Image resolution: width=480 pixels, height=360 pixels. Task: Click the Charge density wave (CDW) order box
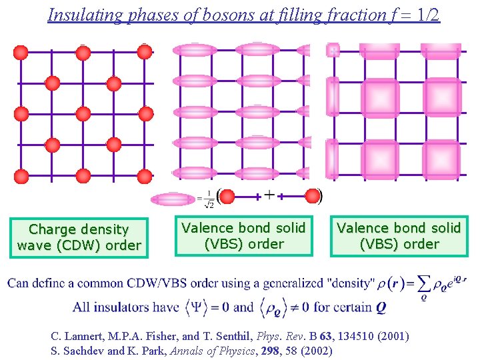pyautogui.click(x=79, y=237)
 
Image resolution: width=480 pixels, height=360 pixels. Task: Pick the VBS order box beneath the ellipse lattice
pyautogui.click(x=243, y=236)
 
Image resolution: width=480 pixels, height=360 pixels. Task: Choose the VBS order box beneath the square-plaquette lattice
pyautogui.click(x=399, y=236)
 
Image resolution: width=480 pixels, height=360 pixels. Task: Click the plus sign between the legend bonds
pyautogui.click(x=269, y=195)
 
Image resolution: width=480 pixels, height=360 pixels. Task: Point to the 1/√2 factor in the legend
pyautogui.click(x=208, y=199)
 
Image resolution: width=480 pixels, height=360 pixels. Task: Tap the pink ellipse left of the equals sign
pyautogui.click(x=173, y=198)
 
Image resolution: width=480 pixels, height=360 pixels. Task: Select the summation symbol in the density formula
pyautogui.click(x=421, y=283)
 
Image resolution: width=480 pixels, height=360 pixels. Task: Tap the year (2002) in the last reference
pyautogui.click(x=316, y=350)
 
